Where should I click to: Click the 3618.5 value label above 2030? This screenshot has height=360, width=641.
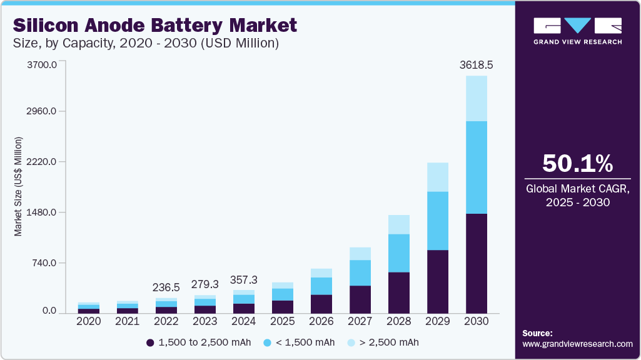477,65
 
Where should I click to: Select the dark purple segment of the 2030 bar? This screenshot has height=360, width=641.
477,262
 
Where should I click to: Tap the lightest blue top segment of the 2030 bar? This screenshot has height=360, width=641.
477,98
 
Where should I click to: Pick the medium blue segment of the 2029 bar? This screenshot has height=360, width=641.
438,221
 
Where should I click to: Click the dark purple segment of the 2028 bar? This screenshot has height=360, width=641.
399,292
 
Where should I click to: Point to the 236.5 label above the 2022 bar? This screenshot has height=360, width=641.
166,287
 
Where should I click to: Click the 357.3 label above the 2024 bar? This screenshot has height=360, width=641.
244,279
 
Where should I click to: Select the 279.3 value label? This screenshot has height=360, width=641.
205,284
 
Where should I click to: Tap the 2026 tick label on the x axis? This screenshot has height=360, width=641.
321,321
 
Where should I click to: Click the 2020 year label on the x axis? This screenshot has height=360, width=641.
89,321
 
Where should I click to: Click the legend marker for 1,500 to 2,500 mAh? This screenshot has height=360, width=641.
150,342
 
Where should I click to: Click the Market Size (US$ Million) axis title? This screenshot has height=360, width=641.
18,186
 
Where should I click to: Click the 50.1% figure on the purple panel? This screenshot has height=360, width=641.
577,163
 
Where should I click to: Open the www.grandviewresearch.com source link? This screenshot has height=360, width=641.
577,344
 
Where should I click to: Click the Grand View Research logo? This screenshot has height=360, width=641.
577,31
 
